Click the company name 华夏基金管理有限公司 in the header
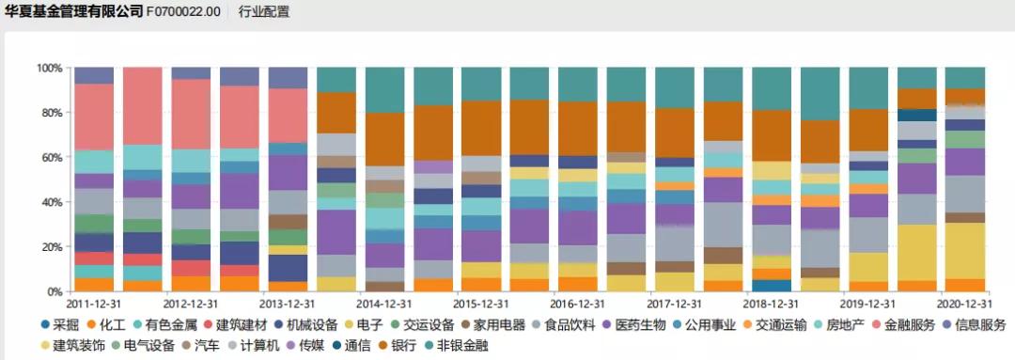click(73, 12)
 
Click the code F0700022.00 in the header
click(184, 12)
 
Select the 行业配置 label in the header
click(265, 12)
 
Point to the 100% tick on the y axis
click(48, 69)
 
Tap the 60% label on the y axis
click(51, 158)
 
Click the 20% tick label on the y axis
click(51, 247)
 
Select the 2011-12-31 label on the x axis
click(93, 305)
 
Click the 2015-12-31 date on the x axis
click(480, 305)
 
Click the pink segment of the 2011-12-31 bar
click(93, 117)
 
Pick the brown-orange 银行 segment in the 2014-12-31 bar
click(383, 139)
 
